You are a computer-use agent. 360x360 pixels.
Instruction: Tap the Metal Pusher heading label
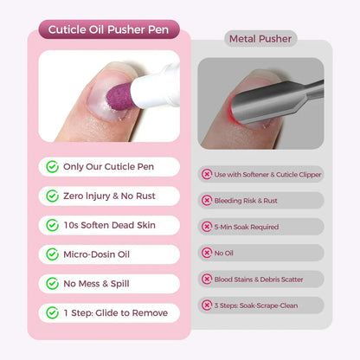[x=260, y=39]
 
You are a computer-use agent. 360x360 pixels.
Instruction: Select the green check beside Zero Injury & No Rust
[x=53, y=196]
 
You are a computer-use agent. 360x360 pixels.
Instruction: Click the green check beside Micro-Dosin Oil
[x=53, y=254]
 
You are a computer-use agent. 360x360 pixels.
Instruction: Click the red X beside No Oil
[x=207, y=253]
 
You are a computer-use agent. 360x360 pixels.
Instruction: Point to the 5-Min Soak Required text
[x=254, y=227]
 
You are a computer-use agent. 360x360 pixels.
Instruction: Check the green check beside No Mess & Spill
[x=53, y=283]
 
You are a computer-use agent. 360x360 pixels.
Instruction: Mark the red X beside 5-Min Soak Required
[x=207, y=227]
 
